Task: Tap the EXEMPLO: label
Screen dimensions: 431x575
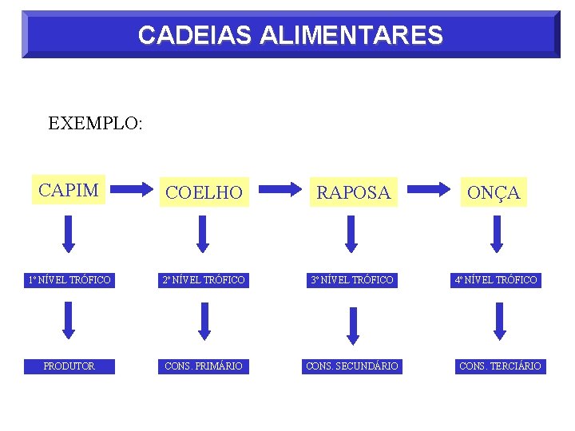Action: coord(95,124)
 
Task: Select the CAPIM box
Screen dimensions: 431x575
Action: coord(69,190)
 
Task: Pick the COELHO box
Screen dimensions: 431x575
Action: coord(203,192)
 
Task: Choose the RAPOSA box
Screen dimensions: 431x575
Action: coord(353,192)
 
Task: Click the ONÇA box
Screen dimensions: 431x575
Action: coord(494,192)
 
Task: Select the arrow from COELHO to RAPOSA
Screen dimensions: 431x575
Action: coord(280,190)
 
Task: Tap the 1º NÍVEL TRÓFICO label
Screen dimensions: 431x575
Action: coord(69,280)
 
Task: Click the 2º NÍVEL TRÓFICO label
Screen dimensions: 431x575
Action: coord(203,280)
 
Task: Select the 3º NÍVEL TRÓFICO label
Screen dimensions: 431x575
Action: coord(353,280)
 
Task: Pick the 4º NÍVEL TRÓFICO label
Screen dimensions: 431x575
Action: coord(496,280)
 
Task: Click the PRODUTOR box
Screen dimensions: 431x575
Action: coord(69,366)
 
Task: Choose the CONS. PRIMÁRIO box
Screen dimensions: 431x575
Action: coord(203,366)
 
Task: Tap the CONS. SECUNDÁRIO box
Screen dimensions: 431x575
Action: coord(353,366)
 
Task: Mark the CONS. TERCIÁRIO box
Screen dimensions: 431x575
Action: coord(500,366)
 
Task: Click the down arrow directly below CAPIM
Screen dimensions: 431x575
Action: coord(69,233)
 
